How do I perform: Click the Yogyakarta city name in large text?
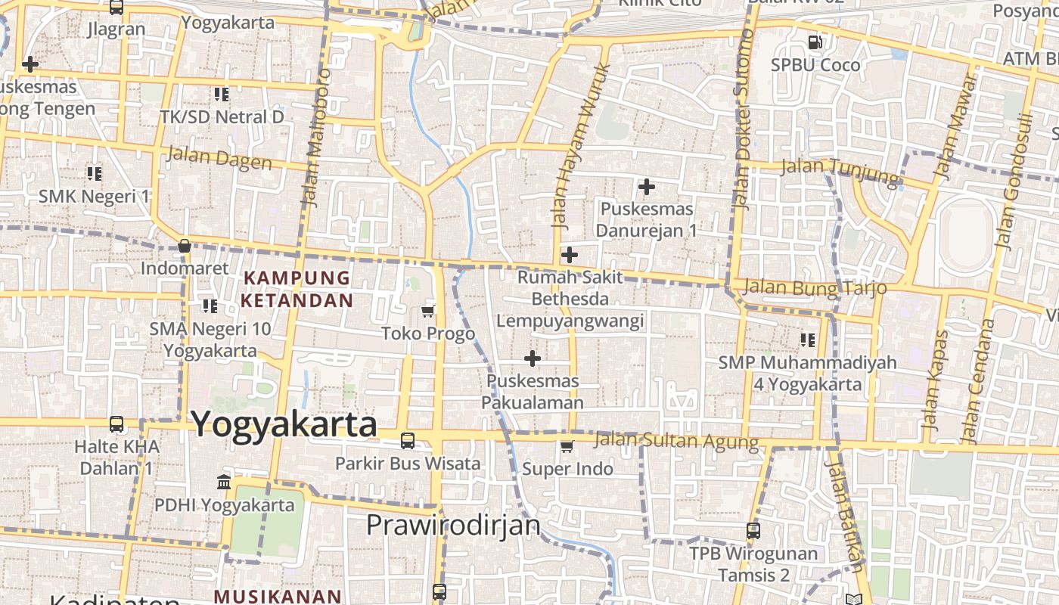(284, 425)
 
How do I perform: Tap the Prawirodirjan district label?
(453, 525)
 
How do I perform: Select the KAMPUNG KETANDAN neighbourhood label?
(297, 289)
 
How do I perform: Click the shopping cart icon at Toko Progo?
(428, 311)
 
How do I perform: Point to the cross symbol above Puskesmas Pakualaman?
(533, 358)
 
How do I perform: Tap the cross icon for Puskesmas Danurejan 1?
(647, 186)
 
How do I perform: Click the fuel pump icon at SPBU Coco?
(815, 42)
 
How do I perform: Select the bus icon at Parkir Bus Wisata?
(408, 440)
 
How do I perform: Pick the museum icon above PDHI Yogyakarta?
(224, 482)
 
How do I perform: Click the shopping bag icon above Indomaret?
(184, 246)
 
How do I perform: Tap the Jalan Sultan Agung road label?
(676, 440)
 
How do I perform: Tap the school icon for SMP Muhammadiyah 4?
(808, 340)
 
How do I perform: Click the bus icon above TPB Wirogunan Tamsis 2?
(753, 531)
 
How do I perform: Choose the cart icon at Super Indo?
(567, 447)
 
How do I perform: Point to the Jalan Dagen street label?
(219, 159)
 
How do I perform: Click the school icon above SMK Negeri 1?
(95, 174)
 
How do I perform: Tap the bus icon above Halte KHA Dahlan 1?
(116, 424)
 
